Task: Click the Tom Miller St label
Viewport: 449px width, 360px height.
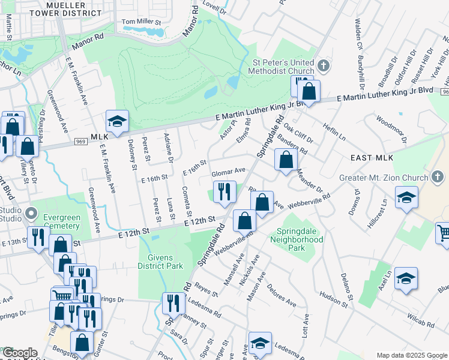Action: pyautogui.click(x=142, y=22)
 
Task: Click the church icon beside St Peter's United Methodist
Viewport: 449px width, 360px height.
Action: pyautogui.click(x=323, y=65)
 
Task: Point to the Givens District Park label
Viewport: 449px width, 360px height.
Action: pyautogui.click(x=160, y=261)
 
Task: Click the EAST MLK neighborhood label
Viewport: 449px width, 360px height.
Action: pyautogui.click(x=372, y=158)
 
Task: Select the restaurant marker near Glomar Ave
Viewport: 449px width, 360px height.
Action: pyautogui.click(x=223, y=192)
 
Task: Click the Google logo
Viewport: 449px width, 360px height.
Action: pyautogui.click(x=20, y=353)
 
